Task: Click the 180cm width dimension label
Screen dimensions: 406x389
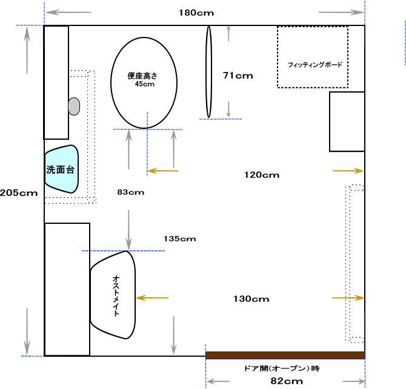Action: pyautogui.click(x=196, y=13)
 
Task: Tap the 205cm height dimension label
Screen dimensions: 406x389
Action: pyautogui.click(x=19, y=193)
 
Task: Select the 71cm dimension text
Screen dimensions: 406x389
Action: pyautogui.click(x=238, y=76)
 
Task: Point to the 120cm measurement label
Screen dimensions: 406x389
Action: pyautogui.click(x=262, y=175)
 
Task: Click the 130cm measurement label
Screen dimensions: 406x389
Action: pyautogui.click(x=251, y=299)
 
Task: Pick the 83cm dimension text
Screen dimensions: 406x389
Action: pyautogui.click(x=130, y=192)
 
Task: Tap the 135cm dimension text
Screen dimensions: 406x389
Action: pyautogui.click(x=180, y=239)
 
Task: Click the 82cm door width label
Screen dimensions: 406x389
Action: pyautogui.click(x=287, y=381)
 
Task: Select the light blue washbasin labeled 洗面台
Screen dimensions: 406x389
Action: pyautogui.click(x=62, y=169)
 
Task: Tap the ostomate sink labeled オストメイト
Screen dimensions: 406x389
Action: pyautogui.click(x=113, y=295)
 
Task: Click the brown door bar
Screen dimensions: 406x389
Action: pyautogui.click(x=285, y=355)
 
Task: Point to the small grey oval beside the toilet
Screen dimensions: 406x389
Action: pyautogui.click(x=74, y=106)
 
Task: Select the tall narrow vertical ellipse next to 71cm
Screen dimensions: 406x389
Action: pyautogui.click(x=208, y=71)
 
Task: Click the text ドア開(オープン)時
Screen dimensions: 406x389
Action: pyautogui.click(x=282, y=368)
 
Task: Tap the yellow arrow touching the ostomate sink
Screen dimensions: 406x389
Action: pyautogui.click(x=152, y=298)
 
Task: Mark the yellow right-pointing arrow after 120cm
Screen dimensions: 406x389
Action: pyautogui.click(x=348, y=171)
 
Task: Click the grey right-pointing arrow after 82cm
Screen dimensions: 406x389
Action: pyautogui.click(x=354, y=381)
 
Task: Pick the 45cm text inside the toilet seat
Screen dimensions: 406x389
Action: pyautogui.click(x=145, y=84)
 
